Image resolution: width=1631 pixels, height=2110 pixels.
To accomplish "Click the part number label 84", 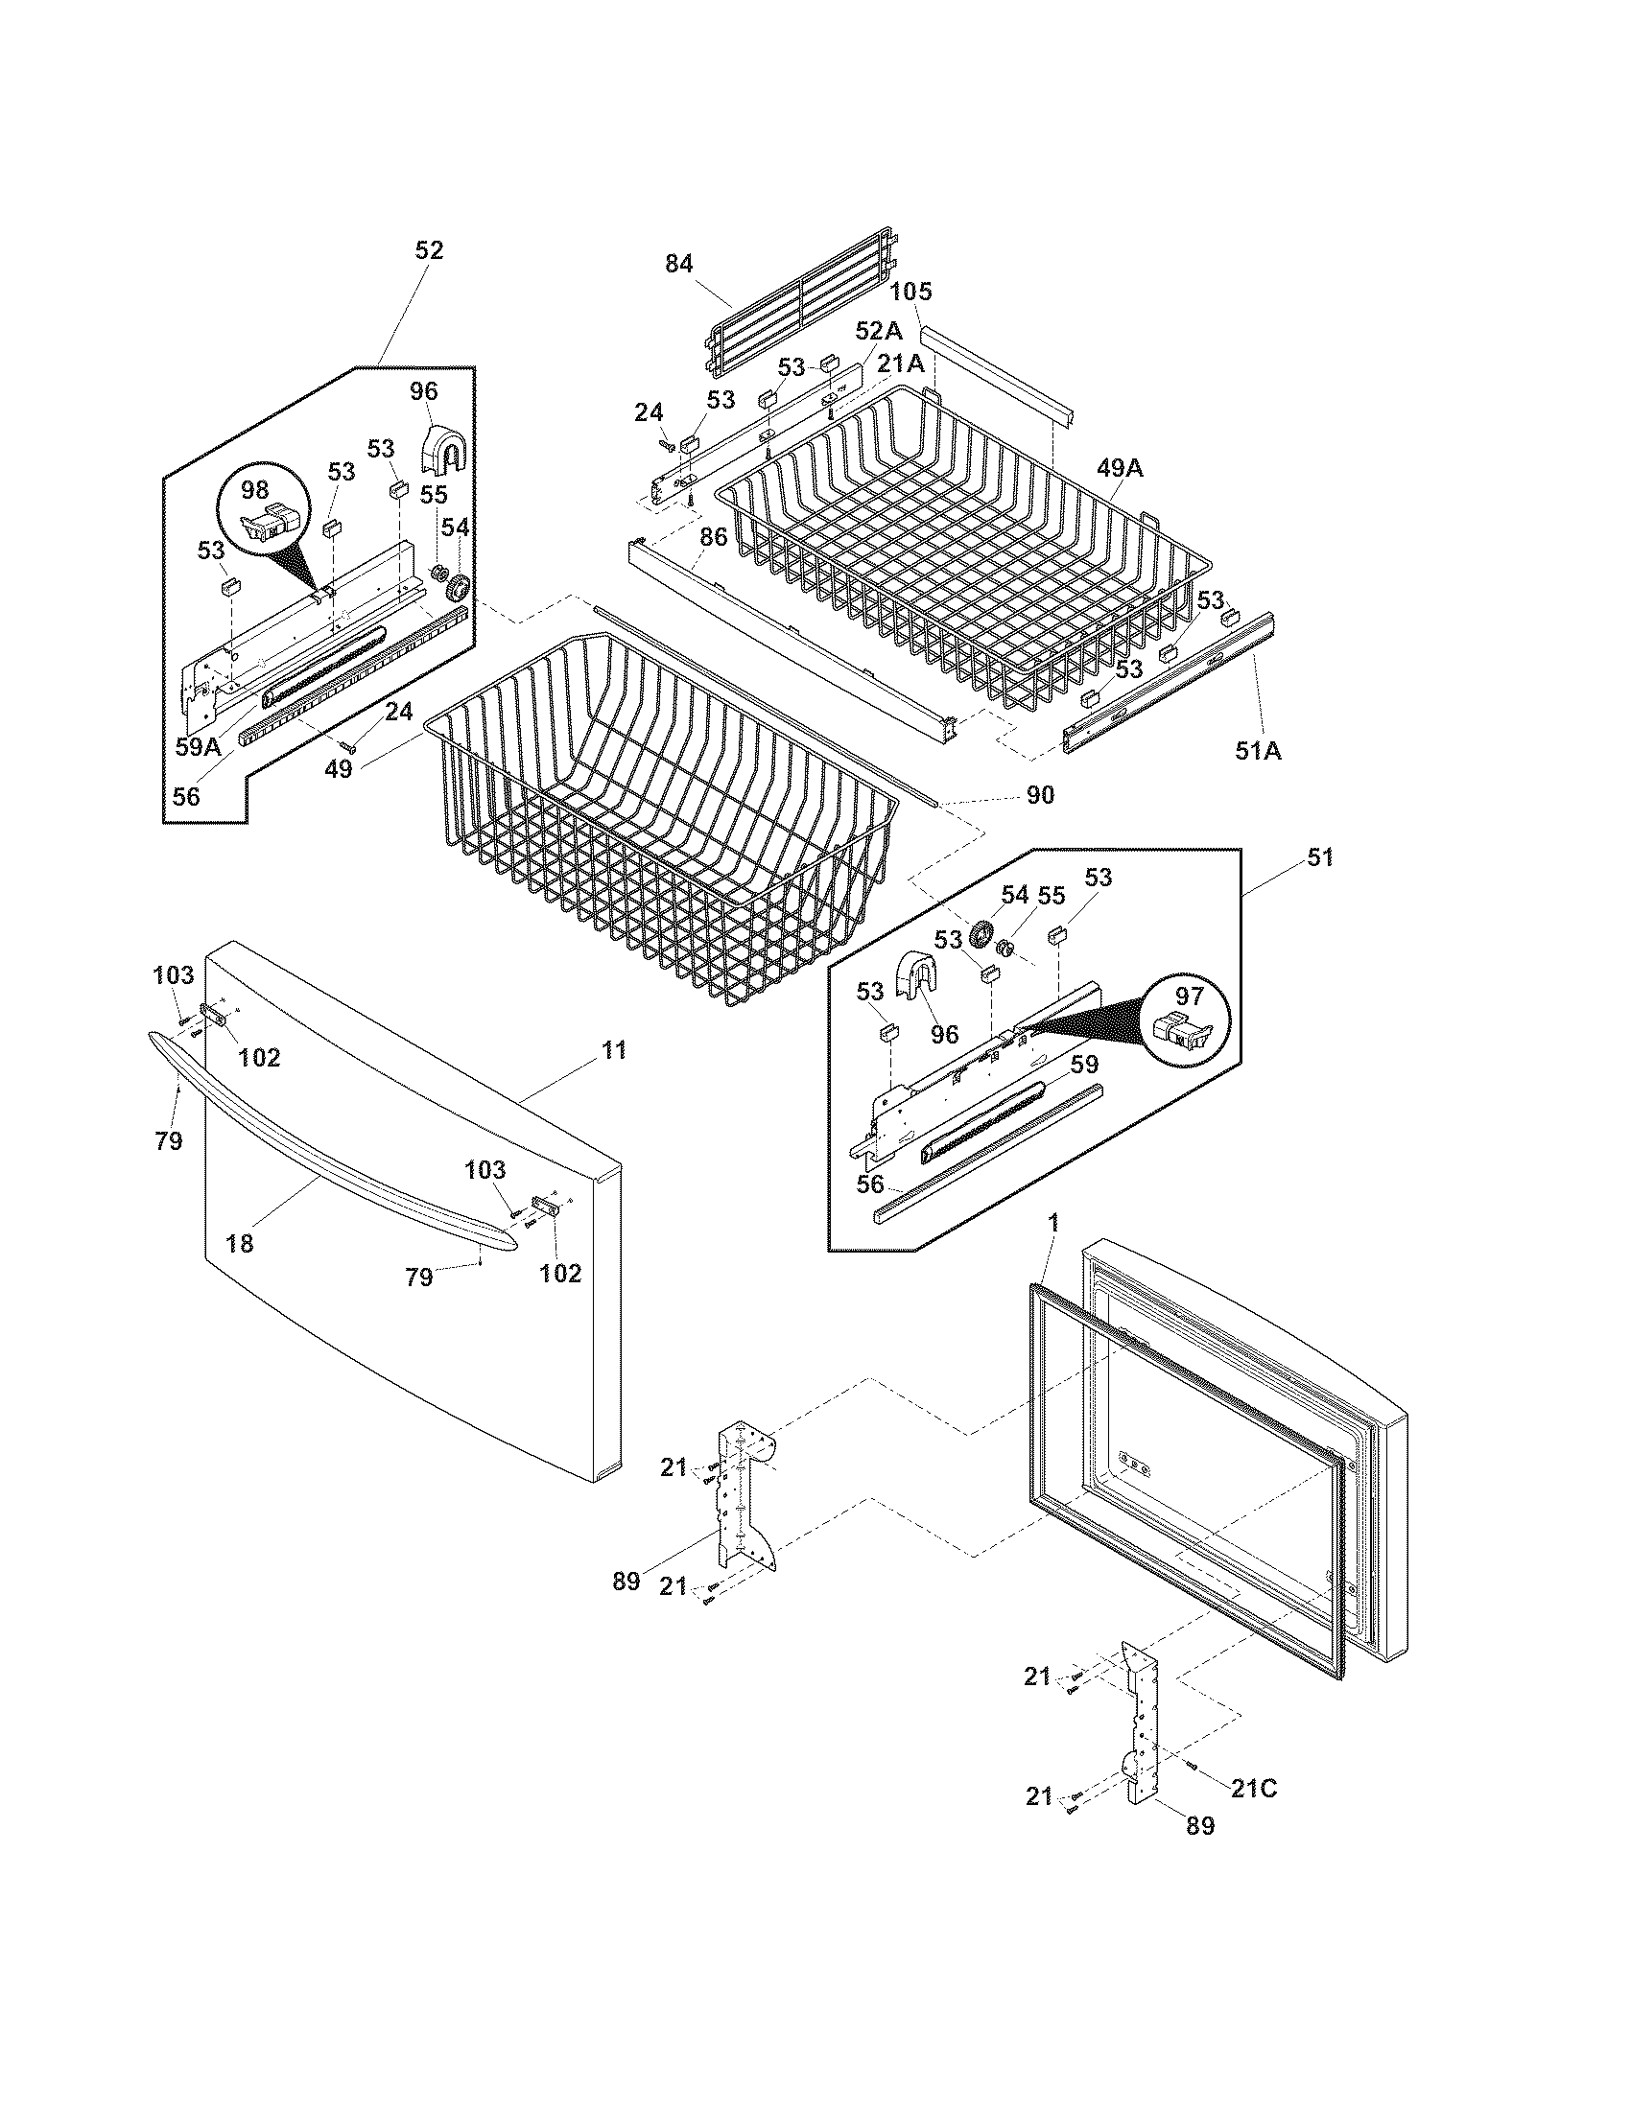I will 679,263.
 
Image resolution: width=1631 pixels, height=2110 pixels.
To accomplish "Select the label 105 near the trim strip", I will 910,291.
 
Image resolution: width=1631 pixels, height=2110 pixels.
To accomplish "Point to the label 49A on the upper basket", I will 1120,469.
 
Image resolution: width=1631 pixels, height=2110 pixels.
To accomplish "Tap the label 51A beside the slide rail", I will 1257,750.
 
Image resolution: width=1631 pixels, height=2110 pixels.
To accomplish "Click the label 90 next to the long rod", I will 1040,795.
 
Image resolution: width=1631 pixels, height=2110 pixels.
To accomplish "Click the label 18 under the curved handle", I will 239,1243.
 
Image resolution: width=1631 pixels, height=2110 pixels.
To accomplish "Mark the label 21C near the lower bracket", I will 1253,1789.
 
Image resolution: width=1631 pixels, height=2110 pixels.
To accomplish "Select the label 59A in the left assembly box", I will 198,746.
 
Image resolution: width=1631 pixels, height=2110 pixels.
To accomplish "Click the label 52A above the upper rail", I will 878,331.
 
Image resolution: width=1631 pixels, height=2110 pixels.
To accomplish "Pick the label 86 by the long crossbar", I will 713,537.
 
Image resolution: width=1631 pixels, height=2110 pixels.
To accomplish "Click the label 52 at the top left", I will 428,250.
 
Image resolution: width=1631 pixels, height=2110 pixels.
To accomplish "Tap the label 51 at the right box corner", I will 1319,856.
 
